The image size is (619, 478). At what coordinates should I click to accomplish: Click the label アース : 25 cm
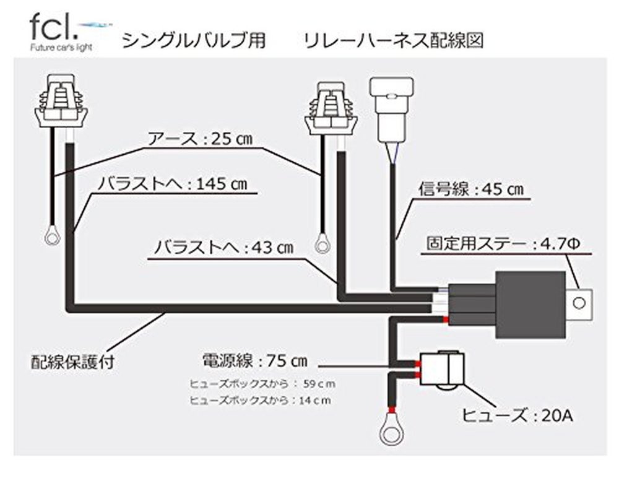point(200,139)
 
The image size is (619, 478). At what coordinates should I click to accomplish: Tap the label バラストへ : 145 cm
point(173,184)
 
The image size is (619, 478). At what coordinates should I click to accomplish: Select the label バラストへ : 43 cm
point(224,248)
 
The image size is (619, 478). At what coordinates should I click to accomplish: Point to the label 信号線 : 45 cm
point(471,189)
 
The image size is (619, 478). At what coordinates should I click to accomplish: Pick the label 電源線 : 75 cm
point(254,361)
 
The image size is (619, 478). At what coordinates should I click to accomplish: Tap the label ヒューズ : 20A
point(517,415)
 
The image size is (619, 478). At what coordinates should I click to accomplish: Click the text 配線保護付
point(72,362)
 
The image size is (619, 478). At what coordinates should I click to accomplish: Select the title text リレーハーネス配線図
point(394,41)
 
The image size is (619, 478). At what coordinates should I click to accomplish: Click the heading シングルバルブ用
point(194,41)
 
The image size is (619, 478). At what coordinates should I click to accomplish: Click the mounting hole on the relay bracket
point(579,303)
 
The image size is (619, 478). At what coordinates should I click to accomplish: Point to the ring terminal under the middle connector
point(322,245)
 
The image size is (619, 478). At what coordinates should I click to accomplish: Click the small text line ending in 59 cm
point(262,384)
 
